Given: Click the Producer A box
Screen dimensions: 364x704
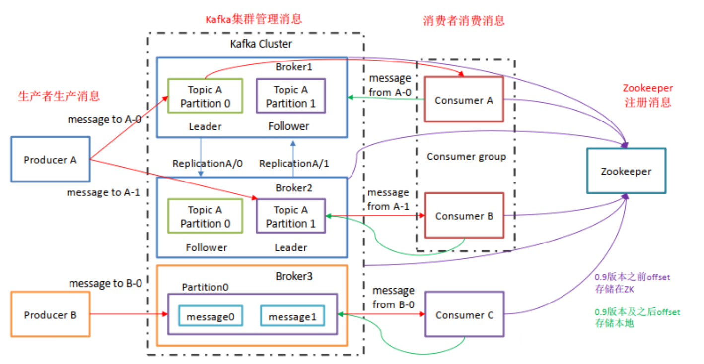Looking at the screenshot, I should click(x=51, y=160).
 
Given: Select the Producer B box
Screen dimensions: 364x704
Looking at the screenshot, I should click(x=51, y=315).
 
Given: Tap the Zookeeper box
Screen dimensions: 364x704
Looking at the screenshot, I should click(x=626, y=171).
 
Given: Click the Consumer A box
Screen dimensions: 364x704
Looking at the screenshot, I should click(x=464, y=100).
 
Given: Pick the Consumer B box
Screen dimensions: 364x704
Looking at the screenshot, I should click(x=464, y=216).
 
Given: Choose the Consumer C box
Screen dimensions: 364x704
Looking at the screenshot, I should click(x=465, y=315).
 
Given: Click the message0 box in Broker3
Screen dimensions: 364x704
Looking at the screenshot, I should click(x=211, y=316).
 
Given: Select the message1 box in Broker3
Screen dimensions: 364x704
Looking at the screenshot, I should click(x=292, y=316).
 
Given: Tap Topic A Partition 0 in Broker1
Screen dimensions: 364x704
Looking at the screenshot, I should click(x=206, y=97).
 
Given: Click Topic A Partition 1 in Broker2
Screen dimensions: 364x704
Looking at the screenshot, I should click(x=291, y=217).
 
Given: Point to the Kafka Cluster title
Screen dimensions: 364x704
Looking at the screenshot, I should click(x=261, y=44).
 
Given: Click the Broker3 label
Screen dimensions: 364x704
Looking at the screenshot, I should click(x=294, y=276).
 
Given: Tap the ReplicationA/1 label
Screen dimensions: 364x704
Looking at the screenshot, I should click(x=294, y=163).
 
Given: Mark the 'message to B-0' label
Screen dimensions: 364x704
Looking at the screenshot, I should click(x=105, y=283).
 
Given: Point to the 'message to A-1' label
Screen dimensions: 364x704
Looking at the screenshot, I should click(x=103, y=192).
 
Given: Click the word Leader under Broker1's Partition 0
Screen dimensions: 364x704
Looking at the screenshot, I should click(x=205, y=126).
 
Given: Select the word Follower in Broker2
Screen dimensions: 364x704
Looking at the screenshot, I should click(x=207, y=247).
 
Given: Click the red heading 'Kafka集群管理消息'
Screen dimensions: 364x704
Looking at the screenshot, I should click(x=254, y=19).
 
